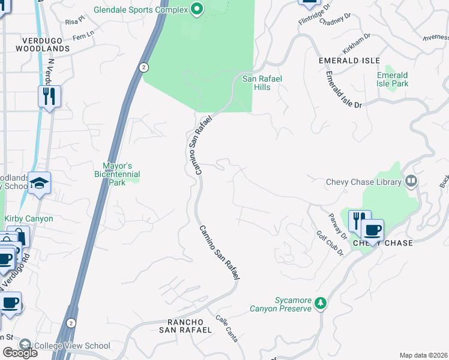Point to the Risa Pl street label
(75, 21)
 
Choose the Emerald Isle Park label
(393, 79)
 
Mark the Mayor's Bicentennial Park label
(117, 174)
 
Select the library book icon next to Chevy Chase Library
(411, 181)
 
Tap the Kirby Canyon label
(29, 219)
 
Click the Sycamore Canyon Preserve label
(280, 304)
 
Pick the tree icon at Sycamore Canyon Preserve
(321, 304)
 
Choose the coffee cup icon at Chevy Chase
(372, 230)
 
